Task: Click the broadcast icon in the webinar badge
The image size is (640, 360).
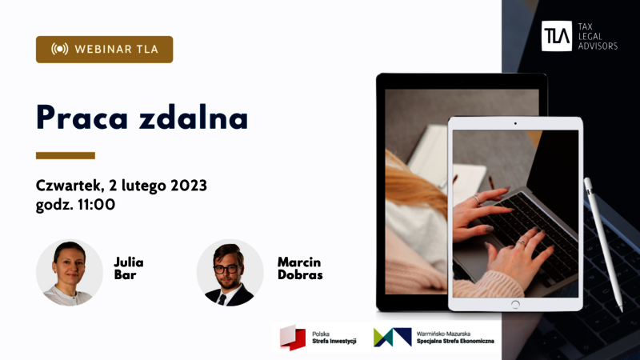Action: click(x=59, y=49)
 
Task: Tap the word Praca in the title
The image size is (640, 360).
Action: click(x=82, y=118)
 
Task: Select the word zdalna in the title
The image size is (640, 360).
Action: click(x=193, y=117)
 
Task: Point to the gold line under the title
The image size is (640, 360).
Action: click(x=66, y=155)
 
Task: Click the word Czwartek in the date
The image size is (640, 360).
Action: click(x=69, y=186)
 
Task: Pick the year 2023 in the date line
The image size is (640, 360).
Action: click(x=189, y=186)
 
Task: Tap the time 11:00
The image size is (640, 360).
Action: click(x=96, y=205)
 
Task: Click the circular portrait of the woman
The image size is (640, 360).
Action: click(x=69, y=272)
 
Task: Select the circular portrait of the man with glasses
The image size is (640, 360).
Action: click(x=230, y=272)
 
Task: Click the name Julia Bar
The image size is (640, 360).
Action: click(x=128, y=268)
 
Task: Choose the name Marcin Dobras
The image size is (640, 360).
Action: click(x=300, y=268)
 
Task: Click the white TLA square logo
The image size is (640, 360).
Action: click(x=556, y=36)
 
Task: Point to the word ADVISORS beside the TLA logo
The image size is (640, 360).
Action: click(x=598, y=46)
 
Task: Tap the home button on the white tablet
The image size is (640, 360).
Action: click(x=515, y=304)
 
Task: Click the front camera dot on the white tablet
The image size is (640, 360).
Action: click(x=515, y=123)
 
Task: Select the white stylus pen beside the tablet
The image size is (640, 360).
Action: click(x=604, y=245)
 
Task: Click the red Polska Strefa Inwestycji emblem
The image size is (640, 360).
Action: click(x=293, y=338)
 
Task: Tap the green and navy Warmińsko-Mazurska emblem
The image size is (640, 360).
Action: click(x=392, y=337)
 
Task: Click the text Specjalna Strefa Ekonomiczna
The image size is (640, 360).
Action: click(x=455, y=341)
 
